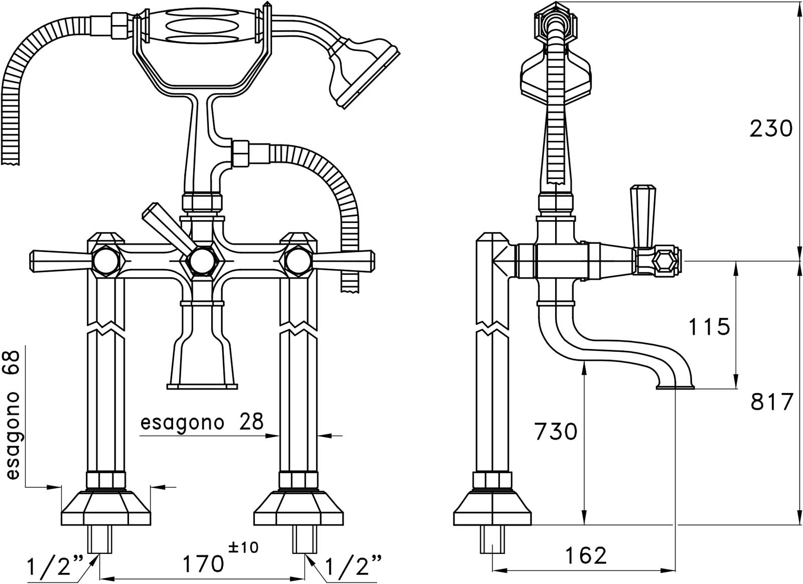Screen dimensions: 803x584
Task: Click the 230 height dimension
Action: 771,128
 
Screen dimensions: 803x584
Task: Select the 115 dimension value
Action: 709,326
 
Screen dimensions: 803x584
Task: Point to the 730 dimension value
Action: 556,431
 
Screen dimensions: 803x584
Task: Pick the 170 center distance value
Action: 203,563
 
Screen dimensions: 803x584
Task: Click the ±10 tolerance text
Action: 243,547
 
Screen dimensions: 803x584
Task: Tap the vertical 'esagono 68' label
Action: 13,416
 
